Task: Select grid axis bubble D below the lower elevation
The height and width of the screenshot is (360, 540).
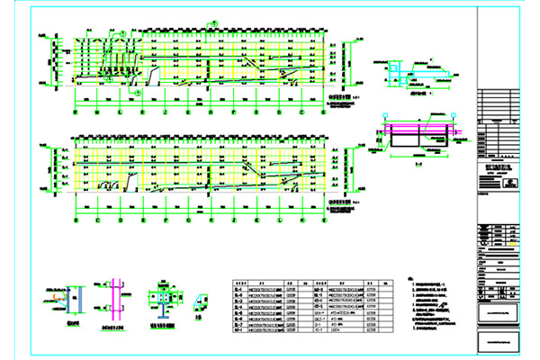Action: click(x=121, y=219)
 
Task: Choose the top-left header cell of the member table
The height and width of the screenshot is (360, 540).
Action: click(x=239, y=281)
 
